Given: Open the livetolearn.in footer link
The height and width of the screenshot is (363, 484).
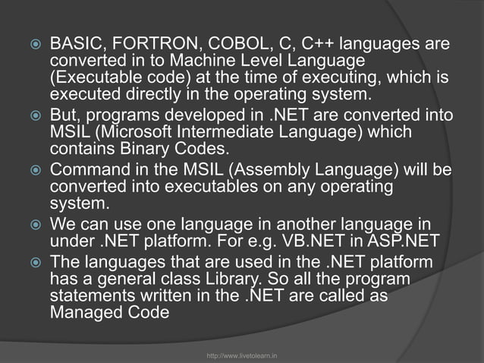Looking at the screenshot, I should (242, 355).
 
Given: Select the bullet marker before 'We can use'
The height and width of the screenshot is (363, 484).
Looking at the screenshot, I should (33, 226).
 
